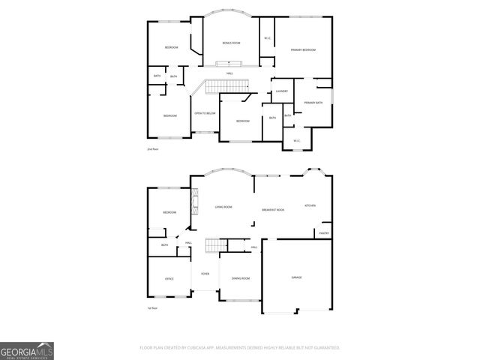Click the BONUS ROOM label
click(x=231, y=43)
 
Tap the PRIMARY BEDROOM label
click(x=303, y=50)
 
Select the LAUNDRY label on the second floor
click(x=282, y=91)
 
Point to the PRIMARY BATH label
click(x=313, y=103)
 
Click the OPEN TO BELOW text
click(x=205, y=113)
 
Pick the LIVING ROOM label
click(x=223, y=207)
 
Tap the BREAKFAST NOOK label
click(x=273, y=210)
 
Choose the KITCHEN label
click(x=310, y=205)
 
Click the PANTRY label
click(x=324, y=233)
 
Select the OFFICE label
click(x=169, y=279)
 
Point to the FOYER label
click(x=204, y=274)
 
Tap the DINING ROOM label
click(x=241, y=278)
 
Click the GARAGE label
click(x=296, y=277)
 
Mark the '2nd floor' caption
click(x=153, y=150)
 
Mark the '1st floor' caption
click(x=153, y=308)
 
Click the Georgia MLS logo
click(x=26, y=351)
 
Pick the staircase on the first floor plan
click(x=216, y=245)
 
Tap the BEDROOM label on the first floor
click(x=169, y=213)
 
